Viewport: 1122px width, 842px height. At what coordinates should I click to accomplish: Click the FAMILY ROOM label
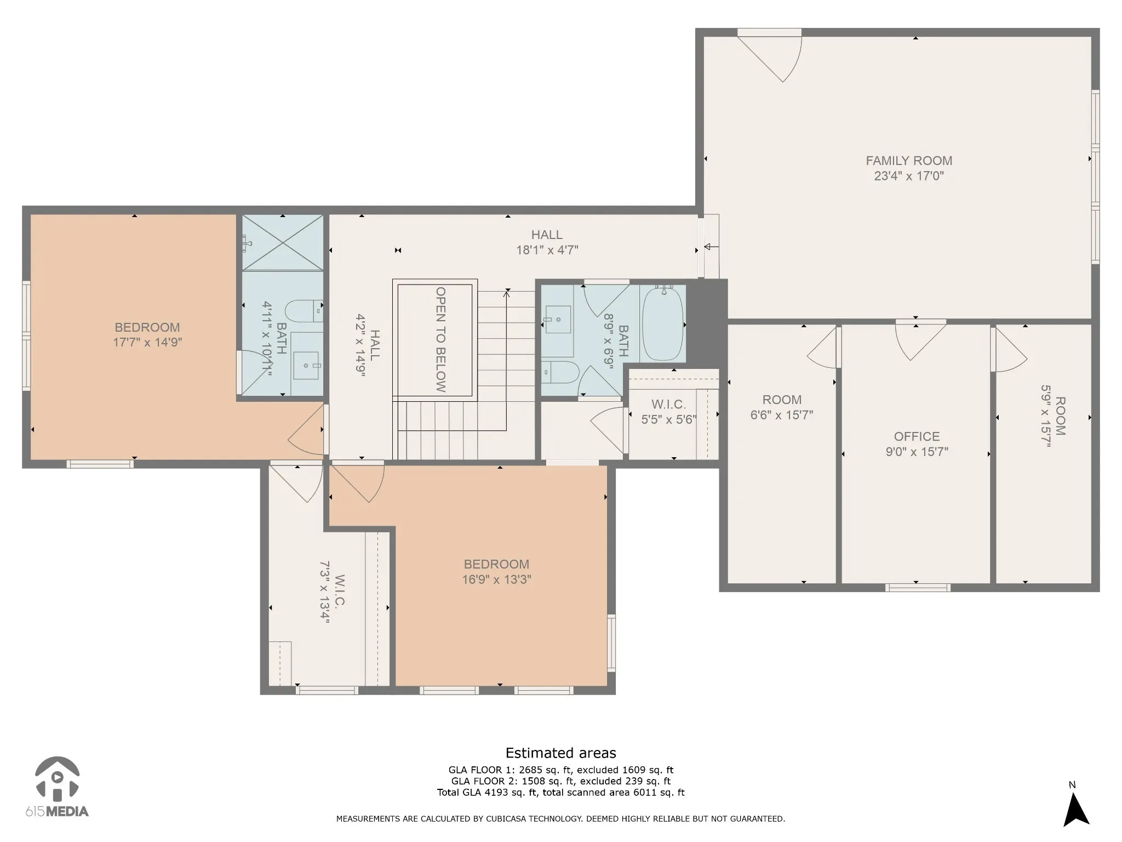click(x=909, y=161)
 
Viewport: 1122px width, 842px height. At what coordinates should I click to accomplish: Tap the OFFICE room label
click(x=917, y=436)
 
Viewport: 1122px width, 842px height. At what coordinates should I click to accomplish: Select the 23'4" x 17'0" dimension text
click(x=909, y=176)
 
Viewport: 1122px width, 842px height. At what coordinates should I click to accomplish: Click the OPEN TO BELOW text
click(x=440, y=339)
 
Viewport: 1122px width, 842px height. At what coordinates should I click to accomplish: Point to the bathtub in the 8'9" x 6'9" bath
click(x=663, y=323)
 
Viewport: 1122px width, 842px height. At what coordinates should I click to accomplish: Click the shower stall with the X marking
click(x=283, y=243)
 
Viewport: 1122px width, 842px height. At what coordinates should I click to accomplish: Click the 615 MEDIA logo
click(x=56, y=787)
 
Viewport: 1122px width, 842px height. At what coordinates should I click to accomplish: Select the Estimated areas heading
click(x=560, y=753)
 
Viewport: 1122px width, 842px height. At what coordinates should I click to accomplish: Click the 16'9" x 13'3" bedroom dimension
click(x=496, y=579)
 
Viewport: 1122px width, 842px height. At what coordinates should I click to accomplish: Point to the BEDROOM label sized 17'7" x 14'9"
click(x=147, y=327)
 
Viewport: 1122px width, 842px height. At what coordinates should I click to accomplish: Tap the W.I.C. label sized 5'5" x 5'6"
click(x=668, y=405)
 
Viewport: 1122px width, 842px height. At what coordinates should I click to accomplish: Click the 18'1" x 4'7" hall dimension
click(x=547, y=250)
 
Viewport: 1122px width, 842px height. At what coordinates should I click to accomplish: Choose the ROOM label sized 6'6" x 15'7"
click(x=782, y=400)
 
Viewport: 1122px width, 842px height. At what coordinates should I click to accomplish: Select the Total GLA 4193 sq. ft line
click(x=560, y=792)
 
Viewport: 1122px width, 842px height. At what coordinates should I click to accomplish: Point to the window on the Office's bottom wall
click(x=918, y=588)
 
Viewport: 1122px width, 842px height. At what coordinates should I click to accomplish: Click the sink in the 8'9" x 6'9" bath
click(x=558, y=320)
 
